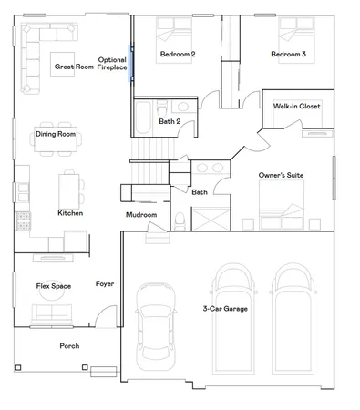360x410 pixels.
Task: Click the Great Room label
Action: pos(75,67)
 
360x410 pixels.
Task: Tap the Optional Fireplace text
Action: pos(112,64)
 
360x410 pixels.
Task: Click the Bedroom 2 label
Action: pos(178,56)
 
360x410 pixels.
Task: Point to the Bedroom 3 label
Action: pos(288,56)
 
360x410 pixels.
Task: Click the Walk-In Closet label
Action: pos(296,107)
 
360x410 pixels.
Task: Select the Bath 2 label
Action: pos(169,120)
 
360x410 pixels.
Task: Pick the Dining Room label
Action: pos(56,135)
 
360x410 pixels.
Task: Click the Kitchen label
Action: pos(70,213)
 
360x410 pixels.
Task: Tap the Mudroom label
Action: pos(141,215)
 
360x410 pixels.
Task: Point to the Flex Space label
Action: pos(54,286)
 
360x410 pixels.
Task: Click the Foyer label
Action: pos(105,284)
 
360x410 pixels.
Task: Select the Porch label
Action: pos(69,346)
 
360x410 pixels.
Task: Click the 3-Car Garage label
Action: pos(226,309)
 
